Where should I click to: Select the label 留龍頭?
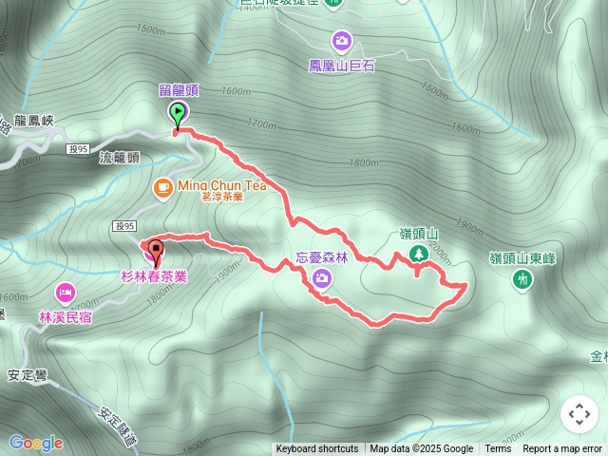178,91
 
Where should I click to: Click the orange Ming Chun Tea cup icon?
162,186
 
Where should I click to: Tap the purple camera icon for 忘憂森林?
322,276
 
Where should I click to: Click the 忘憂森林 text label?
322,257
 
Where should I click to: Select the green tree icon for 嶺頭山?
418,253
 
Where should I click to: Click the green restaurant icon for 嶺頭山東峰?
522,278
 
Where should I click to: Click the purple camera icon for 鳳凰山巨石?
341,41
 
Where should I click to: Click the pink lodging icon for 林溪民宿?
66,292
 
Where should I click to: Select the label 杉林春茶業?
154,276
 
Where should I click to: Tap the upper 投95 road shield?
78,148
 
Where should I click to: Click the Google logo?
35,443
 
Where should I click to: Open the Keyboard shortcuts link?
317,449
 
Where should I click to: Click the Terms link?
498,449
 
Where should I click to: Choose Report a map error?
562,449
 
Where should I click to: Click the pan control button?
579,414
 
